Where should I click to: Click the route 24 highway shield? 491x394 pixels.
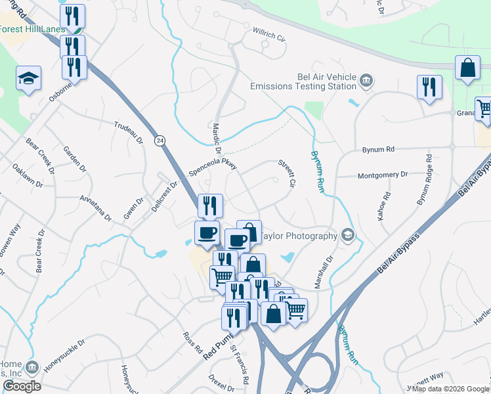coord(160,140)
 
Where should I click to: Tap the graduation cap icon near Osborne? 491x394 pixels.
coord(29,79)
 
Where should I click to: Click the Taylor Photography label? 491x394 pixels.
coord(299,235)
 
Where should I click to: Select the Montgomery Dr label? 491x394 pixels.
coord(382,175)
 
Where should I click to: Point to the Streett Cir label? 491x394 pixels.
coord(284,173)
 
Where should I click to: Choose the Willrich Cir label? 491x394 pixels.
coord(270,35)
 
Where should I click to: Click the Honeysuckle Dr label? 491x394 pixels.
coord(64,355)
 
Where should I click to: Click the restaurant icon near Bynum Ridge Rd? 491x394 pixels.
coord(429,87)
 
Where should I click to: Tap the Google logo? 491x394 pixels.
coord(21,386)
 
